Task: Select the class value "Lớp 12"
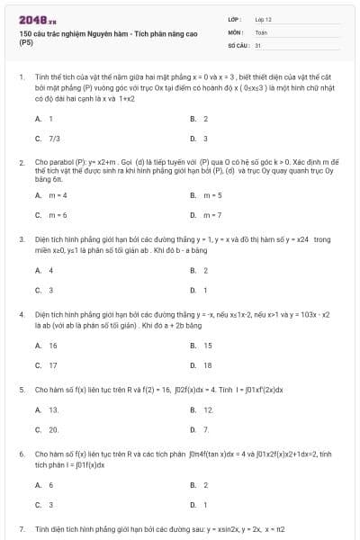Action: click(263, 18)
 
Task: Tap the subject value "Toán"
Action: click(261, 31)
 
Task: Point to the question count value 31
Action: click(258, 44)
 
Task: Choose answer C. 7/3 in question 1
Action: click(49, 139)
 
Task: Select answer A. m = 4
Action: click(52, 195)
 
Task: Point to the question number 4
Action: click(22, 315)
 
